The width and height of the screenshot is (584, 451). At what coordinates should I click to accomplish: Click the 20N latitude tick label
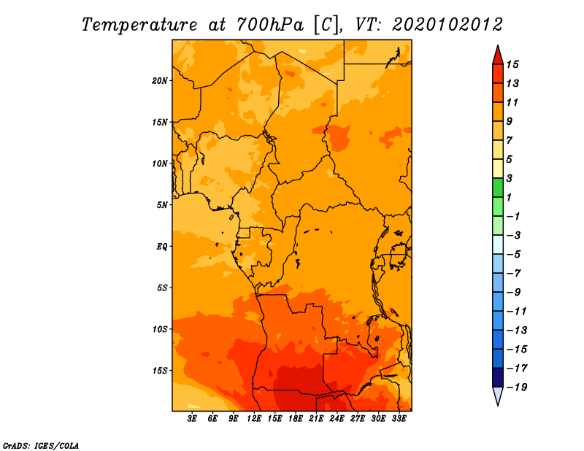[x=160, y=81]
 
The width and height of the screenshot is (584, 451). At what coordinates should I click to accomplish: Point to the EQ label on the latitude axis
[x=162, y=247]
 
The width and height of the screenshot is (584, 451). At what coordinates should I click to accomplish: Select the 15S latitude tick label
[x=160, y=371]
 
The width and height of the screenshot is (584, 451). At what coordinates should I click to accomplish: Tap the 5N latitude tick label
[x=162, y=205]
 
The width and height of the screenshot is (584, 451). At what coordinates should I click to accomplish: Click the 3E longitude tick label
[x=192, y=419]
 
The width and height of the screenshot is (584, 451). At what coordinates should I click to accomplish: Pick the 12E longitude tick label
[x=254, y=419]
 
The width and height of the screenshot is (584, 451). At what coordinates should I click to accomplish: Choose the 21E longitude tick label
[x=316, y=419]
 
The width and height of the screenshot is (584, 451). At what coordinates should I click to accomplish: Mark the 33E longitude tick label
[x=399, y=419]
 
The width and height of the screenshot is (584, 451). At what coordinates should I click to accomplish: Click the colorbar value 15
[x=512, y=64]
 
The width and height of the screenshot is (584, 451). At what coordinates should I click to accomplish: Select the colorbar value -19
[x=517, y=388]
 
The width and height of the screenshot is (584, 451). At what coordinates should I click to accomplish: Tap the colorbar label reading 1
[x=509, y=197]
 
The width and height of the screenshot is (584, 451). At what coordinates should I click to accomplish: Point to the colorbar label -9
[x=514, y=293]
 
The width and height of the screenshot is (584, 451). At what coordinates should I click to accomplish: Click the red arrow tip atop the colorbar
[x=498, y=45]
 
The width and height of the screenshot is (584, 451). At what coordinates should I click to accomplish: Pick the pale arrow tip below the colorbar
[x=498, y=405]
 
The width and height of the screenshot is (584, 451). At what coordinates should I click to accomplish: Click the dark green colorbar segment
[x=498, y=188]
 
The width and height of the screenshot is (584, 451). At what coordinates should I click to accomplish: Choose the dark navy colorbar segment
[x=498, y=377]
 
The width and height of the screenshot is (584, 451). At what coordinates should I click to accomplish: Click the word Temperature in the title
[x=139, y=25]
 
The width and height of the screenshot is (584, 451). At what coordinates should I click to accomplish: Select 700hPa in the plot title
[x=270, y=25]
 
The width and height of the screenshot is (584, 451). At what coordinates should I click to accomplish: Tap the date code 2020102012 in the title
[x=447, y=25]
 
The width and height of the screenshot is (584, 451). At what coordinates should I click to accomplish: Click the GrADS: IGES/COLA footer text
[x=41, y=446]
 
